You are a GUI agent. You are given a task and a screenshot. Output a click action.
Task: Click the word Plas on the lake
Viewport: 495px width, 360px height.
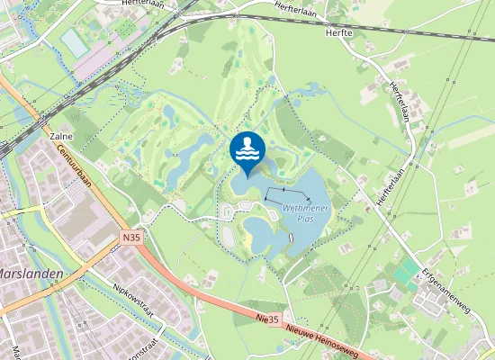(303, 219)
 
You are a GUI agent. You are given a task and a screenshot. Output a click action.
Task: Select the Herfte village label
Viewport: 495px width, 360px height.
(341, 31)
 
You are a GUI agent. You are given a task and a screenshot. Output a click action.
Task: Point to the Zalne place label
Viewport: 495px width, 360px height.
(60, 136)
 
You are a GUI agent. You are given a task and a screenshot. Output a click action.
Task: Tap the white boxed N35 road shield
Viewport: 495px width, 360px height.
(131, 238)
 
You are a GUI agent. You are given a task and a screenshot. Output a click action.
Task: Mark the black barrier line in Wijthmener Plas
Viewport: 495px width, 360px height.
(287, 193)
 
